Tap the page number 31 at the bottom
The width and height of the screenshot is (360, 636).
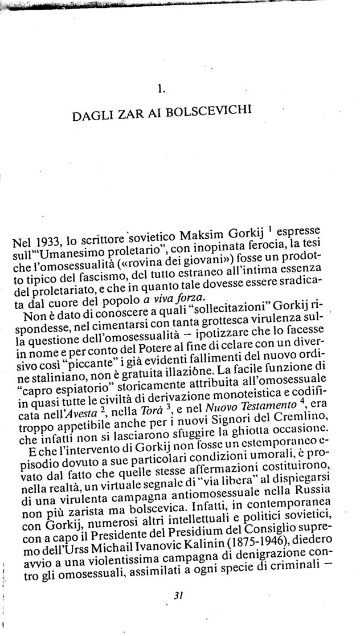[x=177, y=596]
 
